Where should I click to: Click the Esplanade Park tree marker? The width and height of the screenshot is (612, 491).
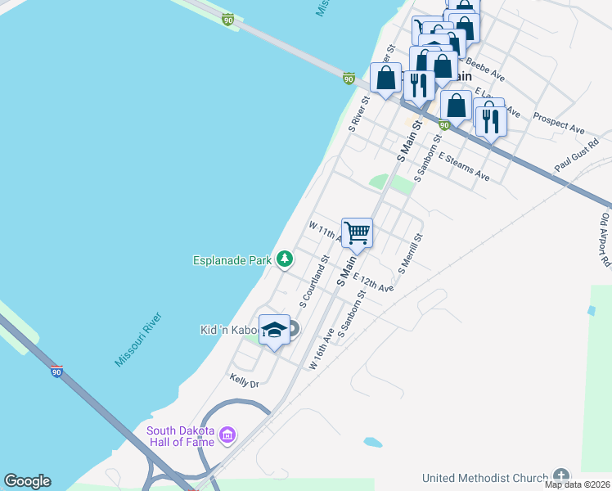[x=285, y=259]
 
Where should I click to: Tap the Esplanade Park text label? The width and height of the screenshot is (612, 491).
[x=232, y=261]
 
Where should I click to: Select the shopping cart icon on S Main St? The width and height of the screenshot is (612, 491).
[x=358, y=232]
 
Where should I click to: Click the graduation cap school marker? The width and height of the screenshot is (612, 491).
[x=274, y=330]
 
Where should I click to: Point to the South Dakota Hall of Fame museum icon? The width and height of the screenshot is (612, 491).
[x=228, y=434]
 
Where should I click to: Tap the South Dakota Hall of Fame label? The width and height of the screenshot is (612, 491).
[x=181, y=437]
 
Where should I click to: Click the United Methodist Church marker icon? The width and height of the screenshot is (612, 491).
[x=560, y=475]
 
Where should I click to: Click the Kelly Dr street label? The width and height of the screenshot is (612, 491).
[x=244, y=382]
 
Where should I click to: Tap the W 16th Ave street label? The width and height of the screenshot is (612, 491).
[x=322, y=349]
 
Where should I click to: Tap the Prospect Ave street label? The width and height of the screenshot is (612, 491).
[x=559, y=123]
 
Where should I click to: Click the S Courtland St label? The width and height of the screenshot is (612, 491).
[x=313, y=281]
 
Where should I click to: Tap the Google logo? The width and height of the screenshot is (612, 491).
[x=27, y=481]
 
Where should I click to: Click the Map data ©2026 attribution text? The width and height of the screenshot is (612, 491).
[x=577, y=484]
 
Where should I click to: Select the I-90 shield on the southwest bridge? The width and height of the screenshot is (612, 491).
[x=56, y=372]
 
